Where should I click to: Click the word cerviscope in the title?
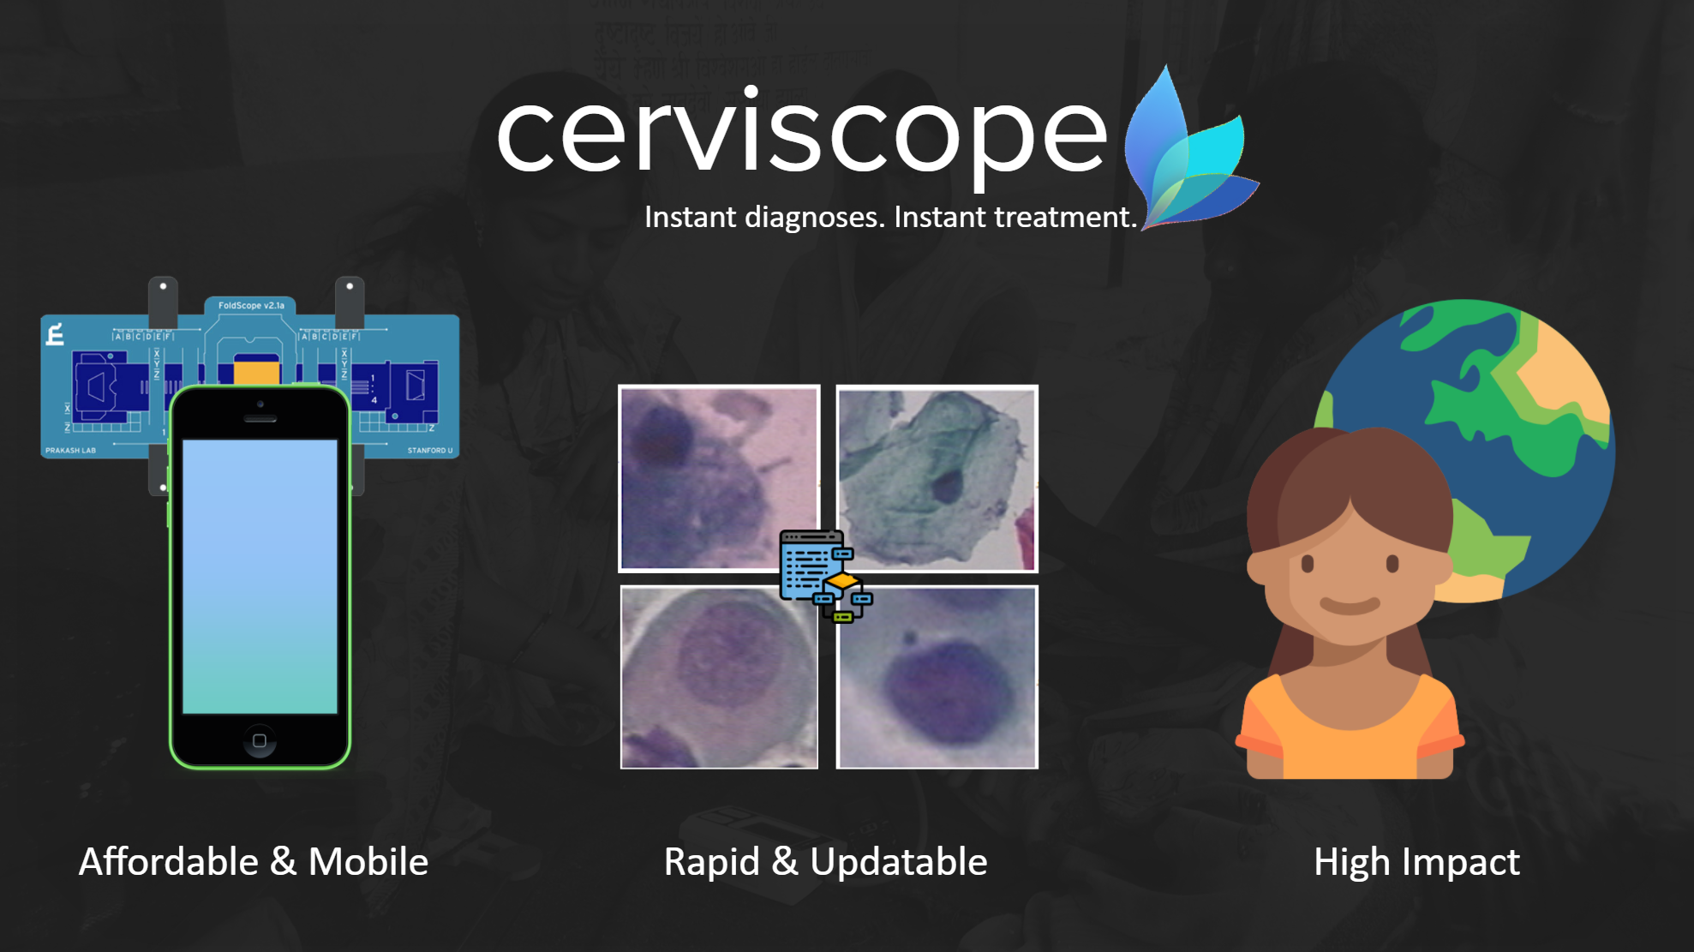801,133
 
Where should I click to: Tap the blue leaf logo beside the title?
1187,154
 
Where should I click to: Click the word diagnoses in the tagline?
814,218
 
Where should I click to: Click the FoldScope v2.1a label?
251,306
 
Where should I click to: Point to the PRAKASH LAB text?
70,450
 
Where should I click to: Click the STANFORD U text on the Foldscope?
429,450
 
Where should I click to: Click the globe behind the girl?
1508,386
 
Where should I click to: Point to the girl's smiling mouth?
1350,606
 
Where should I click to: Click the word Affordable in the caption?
169,862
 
